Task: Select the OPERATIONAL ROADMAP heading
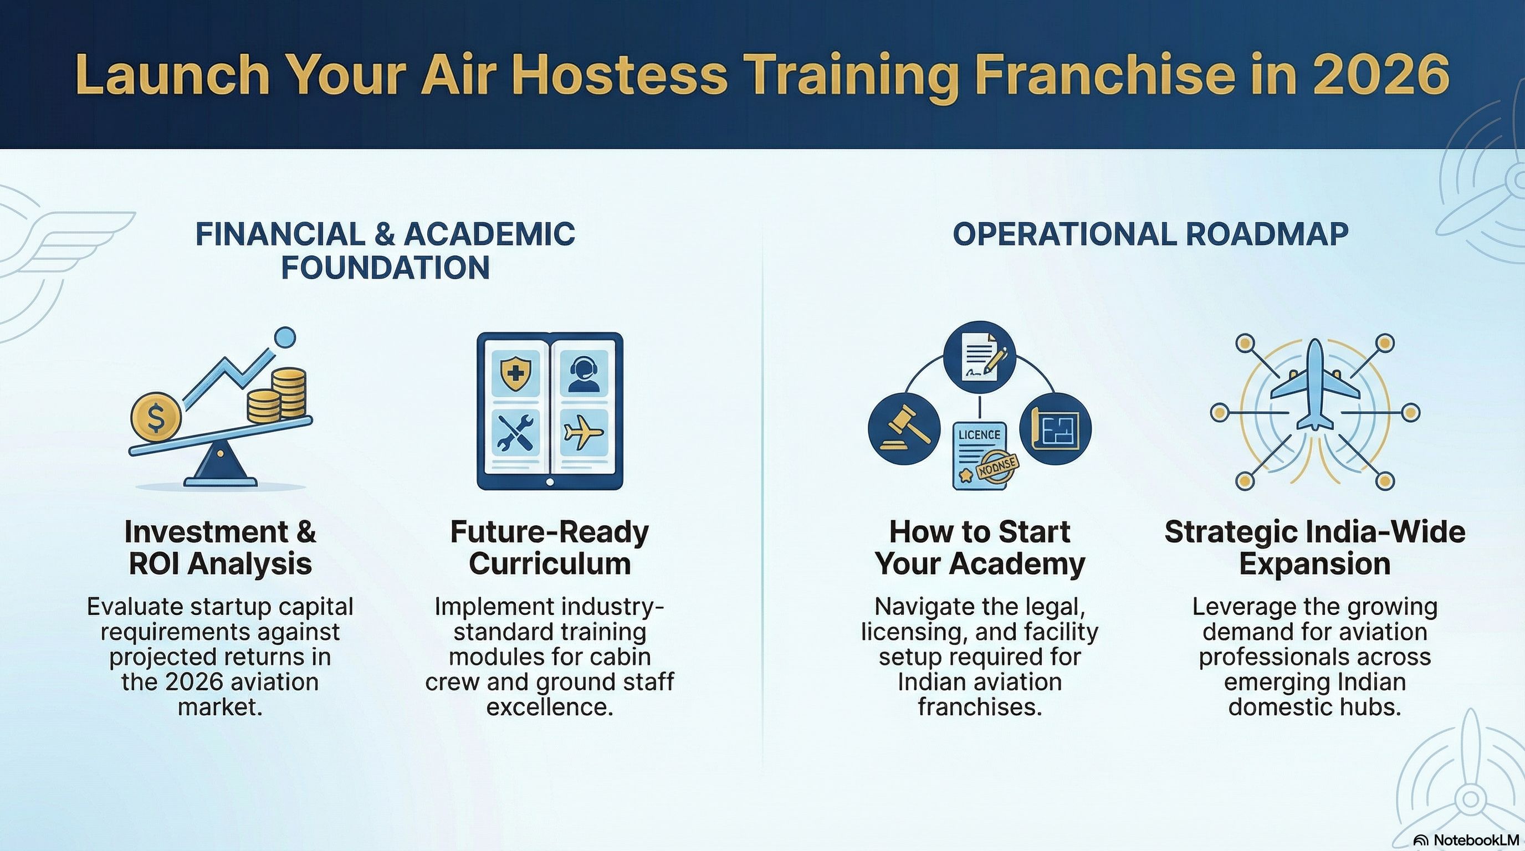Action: click(1150, 234)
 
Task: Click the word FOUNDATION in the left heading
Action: click(385, 268)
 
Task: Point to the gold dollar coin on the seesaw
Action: click(156, 417)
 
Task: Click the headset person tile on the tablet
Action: click(584, 373)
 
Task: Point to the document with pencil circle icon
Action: click(979, 357)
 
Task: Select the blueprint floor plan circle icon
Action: click(1056, 428)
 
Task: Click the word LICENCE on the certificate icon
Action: click(979, 435)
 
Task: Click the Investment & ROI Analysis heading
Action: click(220, 547)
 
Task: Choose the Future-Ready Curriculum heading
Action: click(549, 547)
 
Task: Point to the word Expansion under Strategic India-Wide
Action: click(1314, 564)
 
